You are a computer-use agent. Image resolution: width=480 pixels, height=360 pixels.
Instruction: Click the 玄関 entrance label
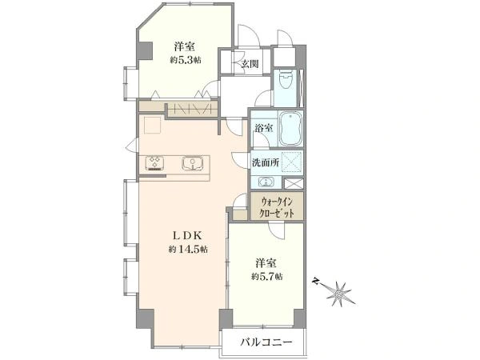coord(249,65)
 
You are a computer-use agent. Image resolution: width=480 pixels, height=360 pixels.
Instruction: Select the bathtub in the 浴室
coord(290,128)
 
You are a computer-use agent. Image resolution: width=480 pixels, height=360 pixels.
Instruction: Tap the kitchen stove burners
coord(154,163)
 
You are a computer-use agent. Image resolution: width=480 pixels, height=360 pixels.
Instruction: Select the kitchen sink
coord(193,163)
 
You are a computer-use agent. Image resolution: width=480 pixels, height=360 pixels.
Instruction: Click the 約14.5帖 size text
coord(189,250)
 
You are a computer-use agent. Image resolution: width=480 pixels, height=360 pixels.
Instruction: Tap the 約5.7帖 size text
coord(266,278)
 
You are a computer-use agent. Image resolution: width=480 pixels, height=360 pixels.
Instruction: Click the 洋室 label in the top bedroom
coord(185,45)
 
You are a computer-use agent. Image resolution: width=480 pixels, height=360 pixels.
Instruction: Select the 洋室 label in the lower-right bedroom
coord(266,262)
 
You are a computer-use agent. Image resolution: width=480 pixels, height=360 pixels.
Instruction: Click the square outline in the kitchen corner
coord(153,126)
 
